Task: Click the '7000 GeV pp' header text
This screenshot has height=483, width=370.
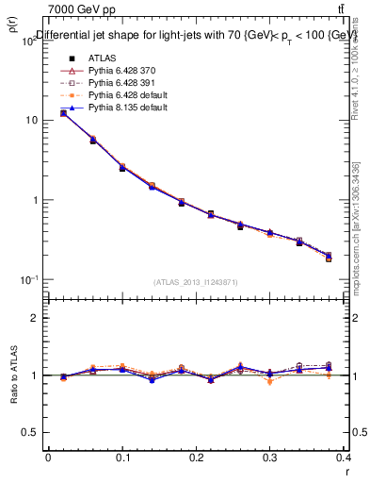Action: coord(76,10)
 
